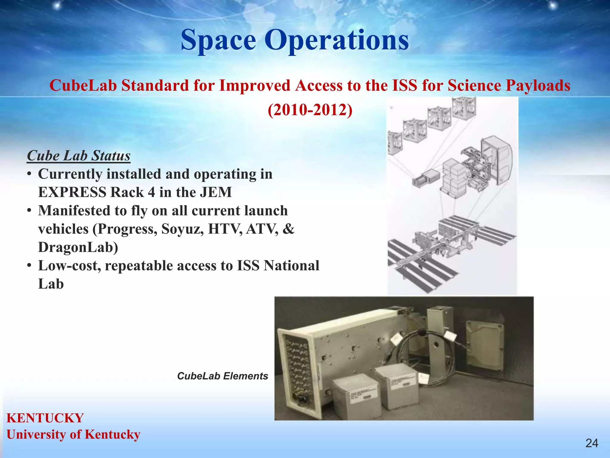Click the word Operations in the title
click(x=337, y=40)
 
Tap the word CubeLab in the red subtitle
click(x=83, y=86)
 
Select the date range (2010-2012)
click(x=310, y=110)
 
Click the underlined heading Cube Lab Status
click(x=79, y=156)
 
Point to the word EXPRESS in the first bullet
click(x=72, y=192)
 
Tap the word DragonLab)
click(x=78, y=247)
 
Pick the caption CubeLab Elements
click(x=222, y=376)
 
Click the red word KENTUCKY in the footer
click(x=45, y=418)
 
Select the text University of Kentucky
click(x=73, y=434)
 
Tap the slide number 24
click(x=592, y=443)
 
